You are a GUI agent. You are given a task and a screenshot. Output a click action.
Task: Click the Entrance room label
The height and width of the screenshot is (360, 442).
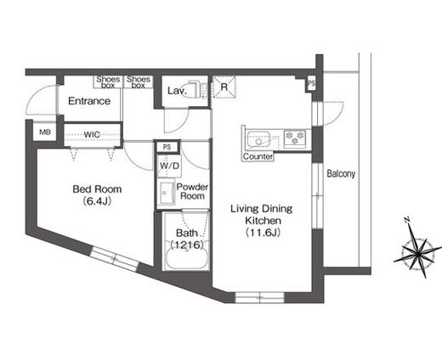89,101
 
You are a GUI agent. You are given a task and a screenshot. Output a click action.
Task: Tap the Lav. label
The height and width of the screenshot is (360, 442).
176,90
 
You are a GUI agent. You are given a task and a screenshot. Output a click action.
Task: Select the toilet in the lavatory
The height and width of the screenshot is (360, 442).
195,89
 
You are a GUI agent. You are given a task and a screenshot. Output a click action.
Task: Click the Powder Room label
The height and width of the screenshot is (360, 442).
193,192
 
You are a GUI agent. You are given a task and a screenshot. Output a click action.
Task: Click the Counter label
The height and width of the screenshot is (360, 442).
257,157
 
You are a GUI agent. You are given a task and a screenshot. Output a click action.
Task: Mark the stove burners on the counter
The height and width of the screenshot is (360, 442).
295,136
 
